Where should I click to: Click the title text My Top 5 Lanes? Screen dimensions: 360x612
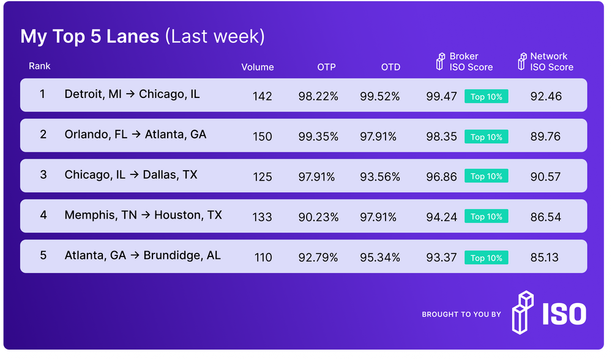click(x=90, y=36)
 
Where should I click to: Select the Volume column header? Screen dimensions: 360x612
click(x=258, y=67)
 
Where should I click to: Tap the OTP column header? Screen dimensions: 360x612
click(x=326, y=67)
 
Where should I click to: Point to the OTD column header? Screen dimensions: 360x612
click(x=390, y=67)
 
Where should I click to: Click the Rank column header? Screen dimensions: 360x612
click(x=40, y=66)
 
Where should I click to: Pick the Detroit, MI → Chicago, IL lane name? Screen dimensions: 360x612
click(x=132, y=94)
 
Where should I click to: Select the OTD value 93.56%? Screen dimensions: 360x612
click(x=380, y=177)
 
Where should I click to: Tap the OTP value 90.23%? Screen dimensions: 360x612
click(x=317, y=217)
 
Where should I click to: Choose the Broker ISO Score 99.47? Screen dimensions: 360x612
click(x=442, y=96)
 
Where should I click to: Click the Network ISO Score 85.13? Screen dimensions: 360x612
click(x=545, y=258)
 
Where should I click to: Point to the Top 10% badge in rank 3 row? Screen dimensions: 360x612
click(x=487, y=176)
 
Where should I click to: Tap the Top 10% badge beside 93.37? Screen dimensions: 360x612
click(x=487, y=258)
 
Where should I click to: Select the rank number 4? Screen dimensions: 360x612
click(x=43, y=215)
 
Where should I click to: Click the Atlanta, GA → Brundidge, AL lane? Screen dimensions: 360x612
click(x=143, y=255)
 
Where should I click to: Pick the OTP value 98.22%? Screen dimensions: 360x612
click(x=317, y=96)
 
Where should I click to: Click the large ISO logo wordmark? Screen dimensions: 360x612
click(x=563, y=313)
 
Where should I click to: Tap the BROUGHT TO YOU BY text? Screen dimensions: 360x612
click(x=461, y=315)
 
